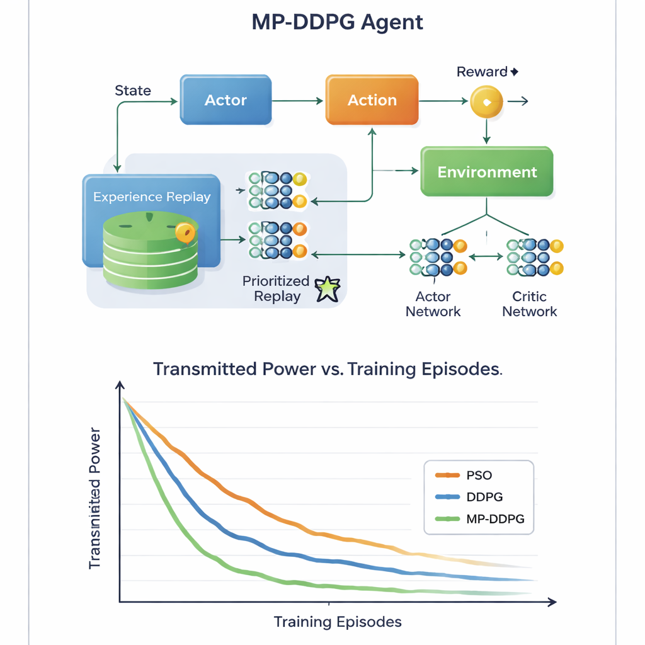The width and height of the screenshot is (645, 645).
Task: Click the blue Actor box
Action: click(x=225, y=100)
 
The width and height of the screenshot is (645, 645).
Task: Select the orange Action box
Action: click(x=372, y=100)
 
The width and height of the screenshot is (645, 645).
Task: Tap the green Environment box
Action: click(x=487, y=172)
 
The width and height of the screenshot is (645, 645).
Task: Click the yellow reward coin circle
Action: click(x=486, y=101)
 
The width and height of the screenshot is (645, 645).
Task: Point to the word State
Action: click(x=133, y=91)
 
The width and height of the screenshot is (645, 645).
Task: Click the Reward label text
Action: click(x=482, y=72)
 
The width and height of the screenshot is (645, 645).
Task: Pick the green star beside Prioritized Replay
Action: click(x=327, y=289)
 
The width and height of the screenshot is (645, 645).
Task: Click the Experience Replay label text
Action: click(x=152, y=197)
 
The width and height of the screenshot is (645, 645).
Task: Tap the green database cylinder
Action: click(x=150, y=249)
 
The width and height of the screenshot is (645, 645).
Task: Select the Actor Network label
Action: click(x=433, y=304)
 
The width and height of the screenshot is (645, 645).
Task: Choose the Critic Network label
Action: click(x=530, y=304)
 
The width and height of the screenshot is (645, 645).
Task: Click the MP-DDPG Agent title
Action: click(x=337, y=22)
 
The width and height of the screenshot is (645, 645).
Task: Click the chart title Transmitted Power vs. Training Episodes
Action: click(x=328, y=369)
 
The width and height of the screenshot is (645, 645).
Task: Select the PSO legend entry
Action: click(x=479, y=474)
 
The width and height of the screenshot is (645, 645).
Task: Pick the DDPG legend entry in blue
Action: click(x=484, y=496)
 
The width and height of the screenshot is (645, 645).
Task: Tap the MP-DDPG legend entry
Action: click(x=495, y=519)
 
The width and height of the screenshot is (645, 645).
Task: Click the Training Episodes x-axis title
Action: click(x=338, y=622)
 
